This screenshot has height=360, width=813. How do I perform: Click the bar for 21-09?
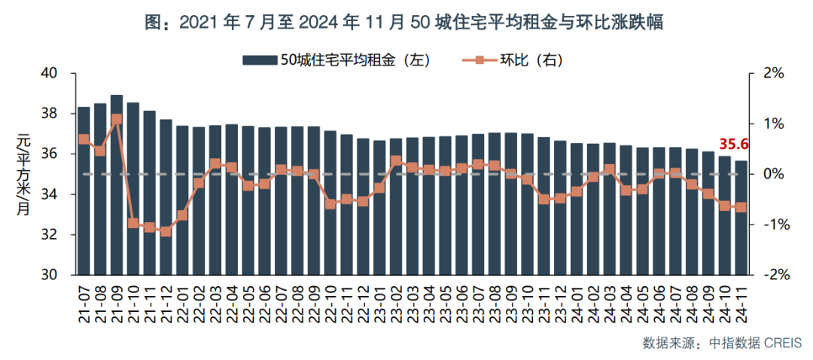point(117,188)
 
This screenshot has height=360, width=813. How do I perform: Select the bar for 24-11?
point(741,218)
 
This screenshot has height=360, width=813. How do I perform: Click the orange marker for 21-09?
point(117,119)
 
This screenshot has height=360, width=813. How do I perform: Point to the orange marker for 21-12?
point(166,231)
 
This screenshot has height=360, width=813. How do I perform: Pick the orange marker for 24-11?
point(741,207)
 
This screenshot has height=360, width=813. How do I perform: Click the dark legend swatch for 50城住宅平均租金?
point(259,59)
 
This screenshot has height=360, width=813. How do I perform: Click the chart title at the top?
point(406,23)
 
